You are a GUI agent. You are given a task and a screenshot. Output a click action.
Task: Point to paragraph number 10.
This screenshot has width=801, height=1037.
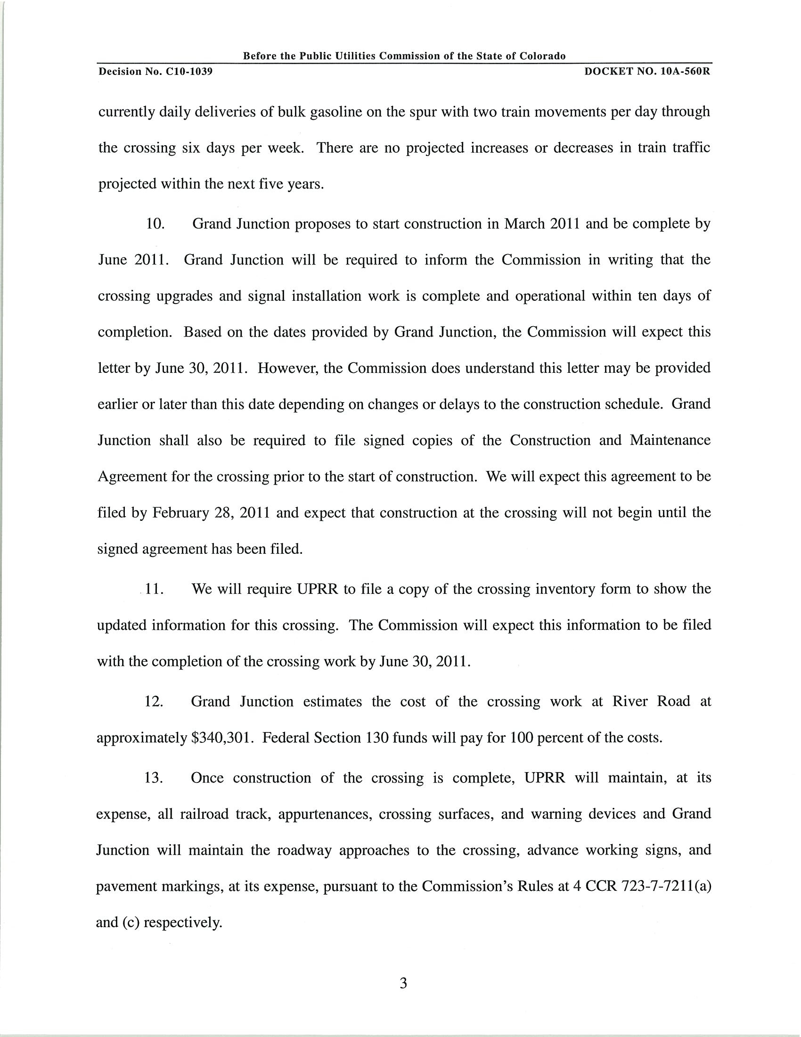point(155,223)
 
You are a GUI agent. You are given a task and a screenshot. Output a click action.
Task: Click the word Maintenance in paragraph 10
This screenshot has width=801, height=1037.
point(670,441)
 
